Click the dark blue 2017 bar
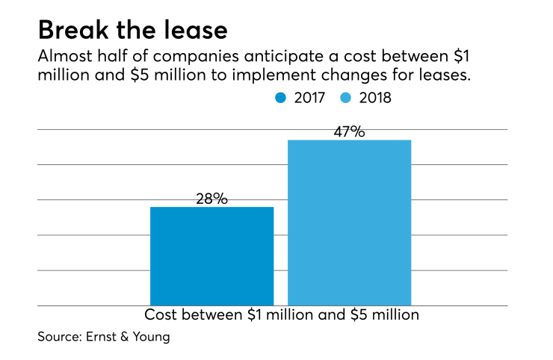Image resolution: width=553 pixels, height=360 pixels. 211,255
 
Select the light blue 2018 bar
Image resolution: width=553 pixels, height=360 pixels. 349,222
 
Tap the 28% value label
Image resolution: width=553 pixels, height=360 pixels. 211,199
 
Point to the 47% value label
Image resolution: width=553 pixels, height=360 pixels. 349,131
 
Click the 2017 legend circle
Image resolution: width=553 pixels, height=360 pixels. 281,98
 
